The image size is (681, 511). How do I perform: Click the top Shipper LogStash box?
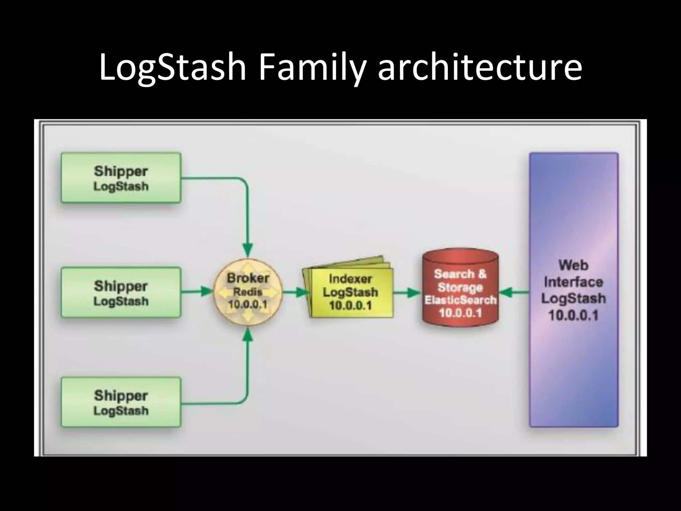click(x=121, y=178)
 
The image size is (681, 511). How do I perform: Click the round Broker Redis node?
click(x=247, y=292)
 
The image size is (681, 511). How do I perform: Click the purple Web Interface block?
click(x=573, y=289)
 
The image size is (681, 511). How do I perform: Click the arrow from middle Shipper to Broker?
click(x=196, y=292)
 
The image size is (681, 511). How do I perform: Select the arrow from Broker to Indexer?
click(x=295, y=292)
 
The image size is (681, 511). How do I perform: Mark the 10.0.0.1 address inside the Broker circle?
click(x=247, y=305)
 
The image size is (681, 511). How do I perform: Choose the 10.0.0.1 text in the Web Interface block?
click(x=573, y=315)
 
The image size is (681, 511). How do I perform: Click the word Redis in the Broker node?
click(x=247, y=292)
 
